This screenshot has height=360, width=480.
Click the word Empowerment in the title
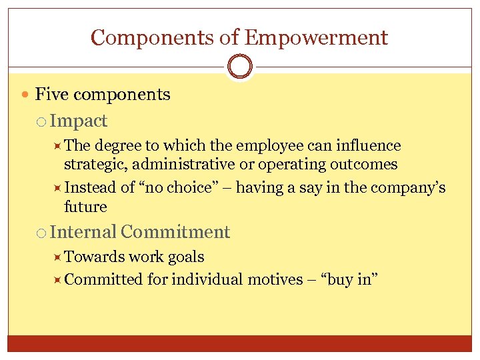click(316, 37)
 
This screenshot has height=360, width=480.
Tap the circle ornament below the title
click(239, 67)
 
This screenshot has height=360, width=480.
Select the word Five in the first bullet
click(52, 95)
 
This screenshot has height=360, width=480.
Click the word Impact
click(78, 121)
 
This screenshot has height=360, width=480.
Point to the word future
click(85, 207)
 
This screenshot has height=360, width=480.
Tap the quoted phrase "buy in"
click(350, 279)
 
